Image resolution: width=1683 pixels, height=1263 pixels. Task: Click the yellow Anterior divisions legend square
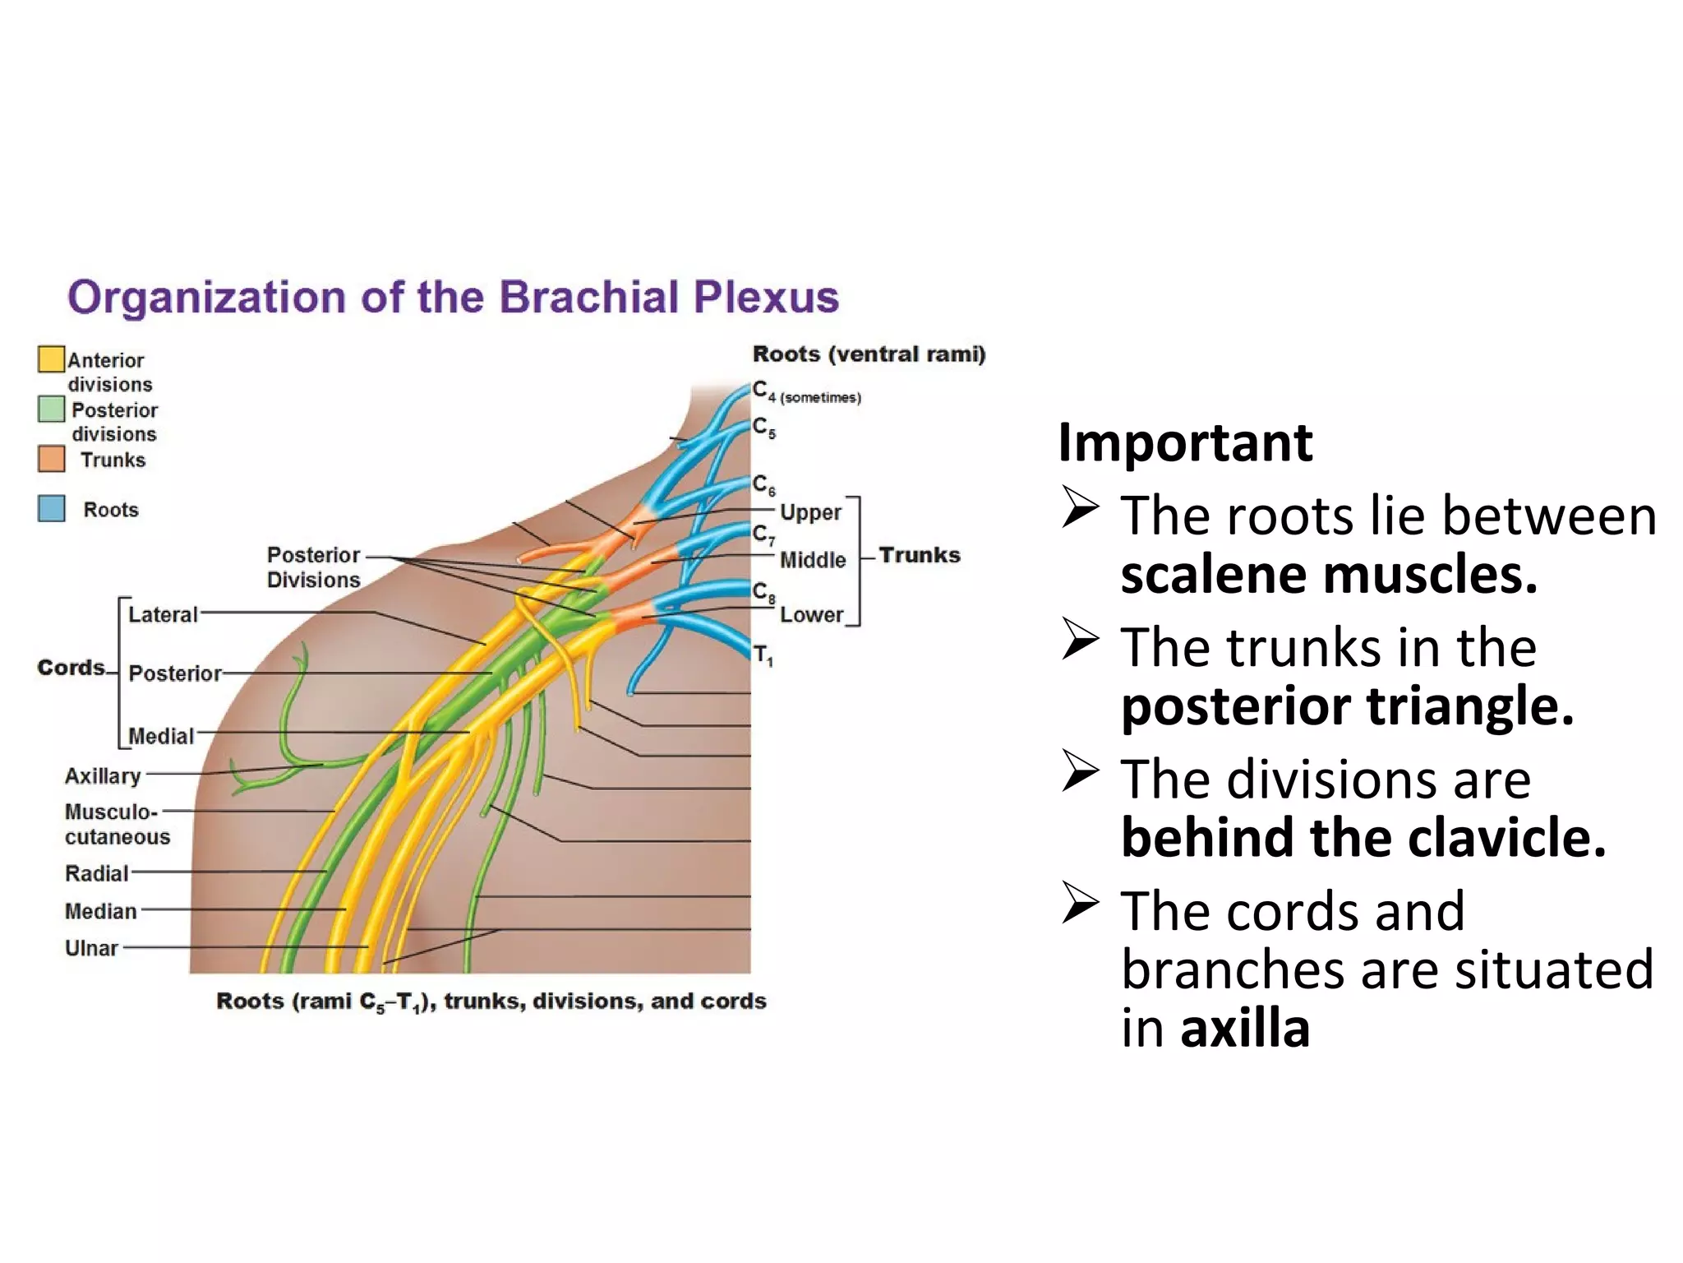coord(51,359)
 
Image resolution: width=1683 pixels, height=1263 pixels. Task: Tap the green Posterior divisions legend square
coord(51,409)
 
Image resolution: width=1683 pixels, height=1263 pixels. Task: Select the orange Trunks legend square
coord(51,459)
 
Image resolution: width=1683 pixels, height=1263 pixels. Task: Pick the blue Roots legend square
coord(51,508)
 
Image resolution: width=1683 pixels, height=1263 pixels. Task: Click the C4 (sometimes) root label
coord(805,393)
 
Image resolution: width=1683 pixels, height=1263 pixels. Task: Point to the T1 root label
coord(763,655)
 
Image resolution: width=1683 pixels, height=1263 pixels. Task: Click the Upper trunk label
coord(810,512)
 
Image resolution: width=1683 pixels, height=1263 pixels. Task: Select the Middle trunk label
coord(812,560)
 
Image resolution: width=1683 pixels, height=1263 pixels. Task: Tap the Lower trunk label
coord(811,614)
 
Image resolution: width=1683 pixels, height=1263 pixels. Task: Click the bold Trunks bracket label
coord(919,555)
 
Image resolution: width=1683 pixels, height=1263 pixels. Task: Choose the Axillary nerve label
coord(103,775)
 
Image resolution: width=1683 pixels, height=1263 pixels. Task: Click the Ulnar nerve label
coord(91,948)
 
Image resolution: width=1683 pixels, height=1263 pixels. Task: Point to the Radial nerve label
coord(96,873)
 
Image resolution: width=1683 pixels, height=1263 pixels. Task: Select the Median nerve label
coord(100,911)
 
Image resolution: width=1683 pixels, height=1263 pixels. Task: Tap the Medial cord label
coord(161,736)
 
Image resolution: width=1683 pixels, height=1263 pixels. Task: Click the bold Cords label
coord(71,667)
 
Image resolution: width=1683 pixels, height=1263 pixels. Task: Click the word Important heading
coord(1184,442)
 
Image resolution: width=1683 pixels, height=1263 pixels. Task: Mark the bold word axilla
coord(1244,1028)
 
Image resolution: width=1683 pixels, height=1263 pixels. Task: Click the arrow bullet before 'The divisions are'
coord(1080,770)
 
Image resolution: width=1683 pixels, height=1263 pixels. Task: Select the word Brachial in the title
coord(588,297)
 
